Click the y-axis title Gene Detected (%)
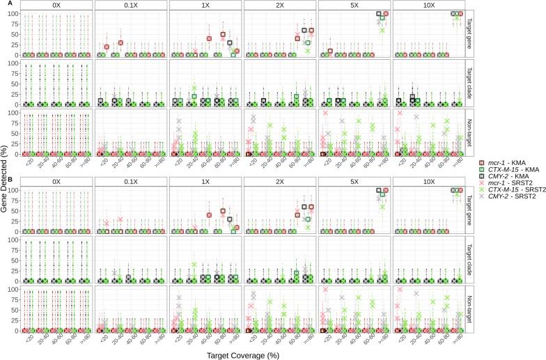[x=6, y=180]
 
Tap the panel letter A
[x=3, y=3]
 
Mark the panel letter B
[x=3, y=182]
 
